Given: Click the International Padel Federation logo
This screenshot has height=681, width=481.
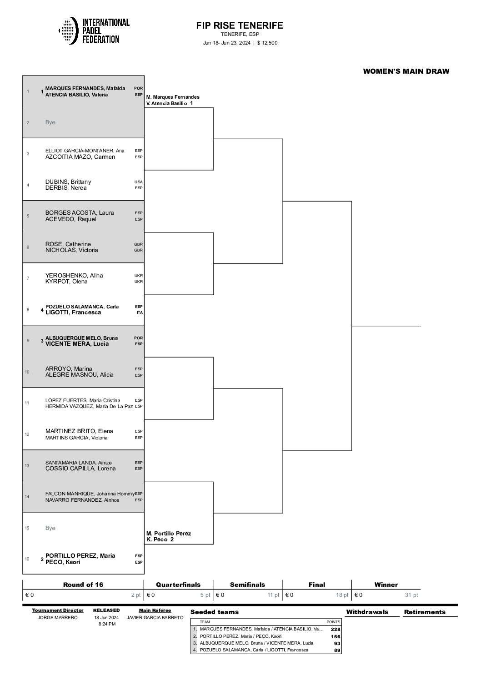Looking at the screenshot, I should pyautogui.click(x=94, y=30).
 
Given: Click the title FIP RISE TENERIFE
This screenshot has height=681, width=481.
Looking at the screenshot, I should pyautogui.click(x=240, y=25).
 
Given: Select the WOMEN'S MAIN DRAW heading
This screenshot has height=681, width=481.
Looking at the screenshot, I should pyautogui.click(x=406, y=71).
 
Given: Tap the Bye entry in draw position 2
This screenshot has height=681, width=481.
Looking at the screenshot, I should pyautogui.click(x=50, y=122).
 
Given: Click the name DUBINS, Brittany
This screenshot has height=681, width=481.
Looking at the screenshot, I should pyautogui.click(x=68, y=182).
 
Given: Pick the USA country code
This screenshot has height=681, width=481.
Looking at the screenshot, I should pyautogui.click(x=138, y=182).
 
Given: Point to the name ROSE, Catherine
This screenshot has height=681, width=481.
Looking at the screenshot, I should pyautogui.click(x=68, y=244).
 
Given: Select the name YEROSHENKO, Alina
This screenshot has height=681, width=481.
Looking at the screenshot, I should pyautogui.click(x=74, y=275).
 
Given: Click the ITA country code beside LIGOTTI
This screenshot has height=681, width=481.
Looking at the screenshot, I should pyautogui.click(x=139, y=313).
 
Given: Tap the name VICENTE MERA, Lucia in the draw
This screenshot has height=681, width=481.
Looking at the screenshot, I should pyautogui.click(x=77, y=344).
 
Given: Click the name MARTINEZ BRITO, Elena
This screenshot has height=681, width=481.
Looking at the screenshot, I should pyautogui.click(x=79, y=431).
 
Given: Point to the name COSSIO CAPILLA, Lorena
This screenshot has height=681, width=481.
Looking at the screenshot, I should pyautogui.click(x=80, y=469).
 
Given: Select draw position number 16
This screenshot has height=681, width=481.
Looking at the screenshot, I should pyautogui.click(x=27, y=559).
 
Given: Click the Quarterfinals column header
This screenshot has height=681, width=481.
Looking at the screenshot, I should pyautogui.click(x=178, y=585).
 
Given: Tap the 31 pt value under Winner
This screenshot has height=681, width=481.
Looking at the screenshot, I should pyautogui.click(x=411, y=595).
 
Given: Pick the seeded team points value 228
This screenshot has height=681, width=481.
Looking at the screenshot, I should pyautogui.click(x=336, y=629).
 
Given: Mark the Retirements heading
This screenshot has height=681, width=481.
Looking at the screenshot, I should pyautogui.click(x=425, y=612).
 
